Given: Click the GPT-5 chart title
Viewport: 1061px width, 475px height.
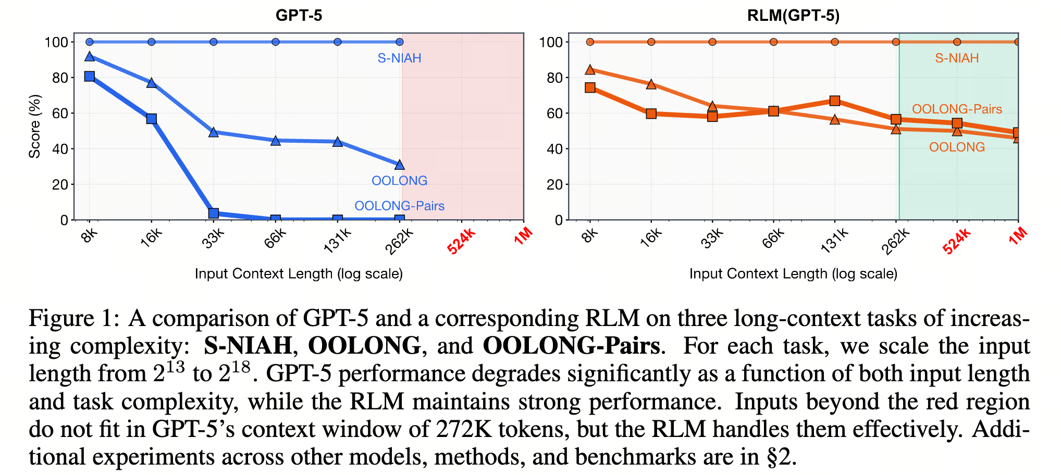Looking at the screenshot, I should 299,15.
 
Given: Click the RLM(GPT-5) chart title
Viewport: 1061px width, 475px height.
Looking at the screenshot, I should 793,15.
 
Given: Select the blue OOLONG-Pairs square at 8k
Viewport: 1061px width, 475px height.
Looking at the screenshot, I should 90,77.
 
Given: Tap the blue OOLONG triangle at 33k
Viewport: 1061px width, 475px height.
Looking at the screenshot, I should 213,132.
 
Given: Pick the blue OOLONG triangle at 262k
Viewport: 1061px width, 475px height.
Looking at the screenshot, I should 400,165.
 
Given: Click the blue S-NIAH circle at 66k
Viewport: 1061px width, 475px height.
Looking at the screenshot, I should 276,42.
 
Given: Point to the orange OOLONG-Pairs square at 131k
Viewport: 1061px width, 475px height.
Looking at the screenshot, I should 835,101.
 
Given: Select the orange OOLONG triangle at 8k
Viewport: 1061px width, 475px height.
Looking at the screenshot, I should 590,70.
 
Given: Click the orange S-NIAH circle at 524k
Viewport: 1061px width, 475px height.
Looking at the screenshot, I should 957,42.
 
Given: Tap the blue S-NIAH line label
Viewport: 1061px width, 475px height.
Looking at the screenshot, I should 399,58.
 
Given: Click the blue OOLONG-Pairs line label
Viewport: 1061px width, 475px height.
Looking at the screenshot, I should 399,206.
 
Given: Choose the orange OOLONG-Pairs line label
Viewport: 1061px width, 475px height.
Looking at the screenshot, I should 957,109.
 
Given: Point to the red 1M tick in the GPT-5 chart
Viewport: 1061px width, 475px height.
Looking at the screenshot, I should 523,236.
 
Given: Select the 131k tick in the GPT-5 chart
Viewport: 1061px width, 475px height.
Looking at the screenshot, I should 338,240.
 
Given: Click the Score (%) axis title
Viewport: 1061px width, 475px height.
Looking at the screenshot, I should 34,126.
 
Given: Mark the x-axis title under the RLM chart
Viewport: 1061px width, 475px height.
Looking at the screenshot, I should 793,274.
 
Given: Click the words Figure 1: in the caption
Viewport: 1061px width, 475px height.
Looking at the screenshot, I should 74,318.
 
